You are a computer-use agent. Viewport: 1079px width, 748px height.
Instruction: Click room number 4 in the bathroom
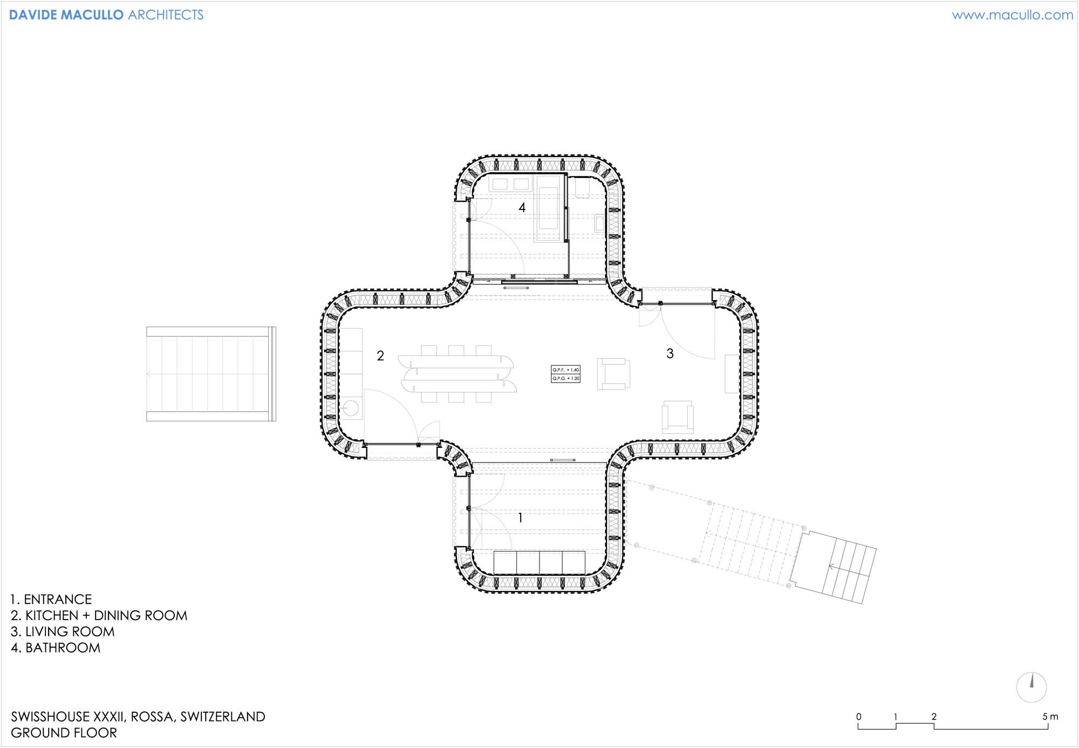[522, 207]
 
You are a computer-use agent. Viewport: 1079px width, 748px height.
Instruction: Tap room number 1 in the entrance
[520, 518]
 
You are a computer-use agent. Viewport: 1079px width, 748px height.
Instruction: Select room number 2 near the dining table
[380, 356]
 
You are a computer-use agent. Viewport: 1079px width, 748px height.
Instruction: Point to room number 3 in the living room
[670, 353]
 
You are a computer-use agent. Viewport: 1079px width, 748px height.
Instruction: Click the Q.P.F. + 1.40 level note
[565, 370]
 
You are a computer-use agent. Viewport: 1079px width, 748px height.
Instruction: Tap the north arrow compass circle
[1032, 687]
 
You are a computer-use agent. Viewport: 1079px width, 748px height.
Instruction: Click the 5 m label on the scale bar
[1050, 717]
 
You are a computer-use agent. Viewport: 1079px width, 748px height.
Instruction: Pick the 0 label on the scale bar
[859, 717]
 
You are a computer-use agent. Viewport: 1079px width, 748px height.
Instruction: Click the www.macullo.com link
[1013, 15]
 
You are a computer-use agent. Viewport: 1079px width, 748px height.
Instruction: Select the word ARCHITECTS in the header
[166, 15]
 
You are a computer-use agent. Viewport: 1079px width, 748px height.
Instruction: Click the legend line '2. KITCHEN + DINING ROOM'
[99, 616]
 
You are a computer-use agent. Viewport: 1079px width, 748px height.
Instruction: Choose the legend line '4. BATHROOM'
[56, 648]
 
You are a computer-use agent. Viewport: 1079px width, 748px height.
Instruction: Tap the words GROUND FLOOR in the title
[64, 733]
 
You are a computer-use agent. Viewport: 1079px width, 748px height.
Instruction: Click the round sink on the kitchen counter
[351, 407]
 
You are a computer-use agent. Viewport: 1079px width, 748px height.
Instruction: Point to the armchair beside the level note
[613, 374]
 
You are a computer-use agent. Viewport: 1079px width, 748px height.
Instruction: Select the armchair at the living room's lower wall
[678, 417]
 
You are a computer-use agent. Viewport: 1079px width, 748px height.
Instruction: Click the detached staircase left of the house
[211, 373]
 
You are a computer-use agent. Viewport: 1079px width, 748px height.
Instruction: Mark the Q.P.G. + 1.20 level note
[565, 378]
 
